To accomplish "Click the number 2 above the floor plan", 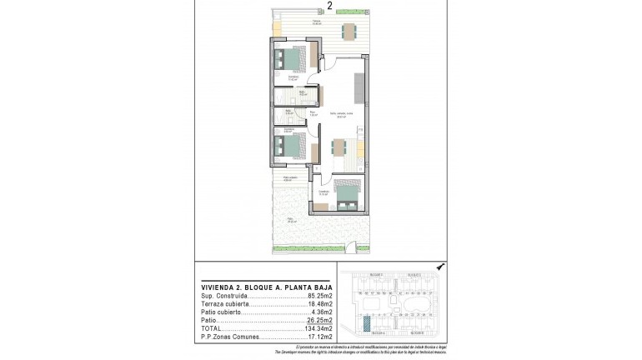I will pos(330,6).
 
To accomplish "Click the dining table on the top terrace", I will pos(349,32).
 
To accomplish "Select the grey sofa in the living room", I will pos(359,85).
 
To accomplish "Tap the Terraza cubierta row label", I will pos(225,305).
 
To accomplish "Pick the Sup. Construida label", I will pos(223,297).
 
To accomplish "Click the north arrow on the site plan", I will pos(440,266).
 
